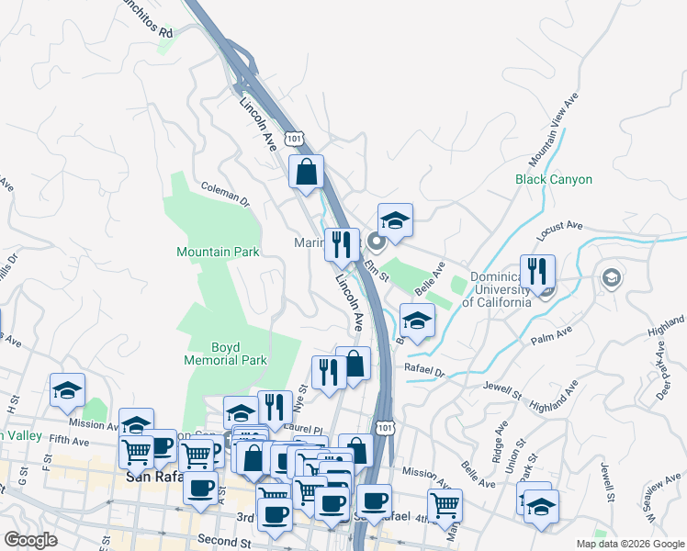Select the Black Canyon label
[554, 180]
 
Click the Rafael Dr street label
[424, 372]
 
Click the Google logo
[30, 540]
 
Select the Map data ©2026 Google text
[629, 544]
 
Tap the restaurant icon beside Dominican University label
[537, 271]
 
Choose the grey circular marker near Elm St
[376, 242]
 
